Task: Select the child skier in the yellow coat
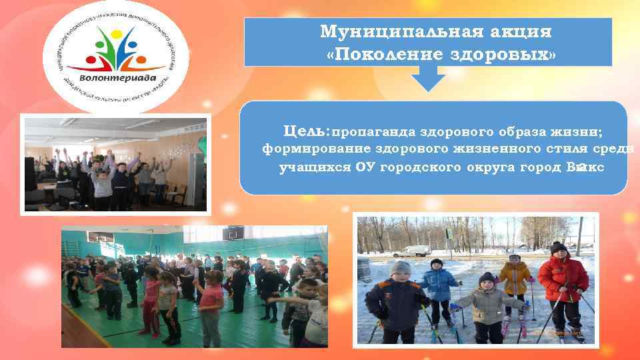pos(514,280)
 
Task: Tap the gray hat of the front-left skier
pos(401,269)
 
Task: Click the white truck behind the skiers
pos(411,251)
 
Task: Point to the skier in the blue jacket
pos(438,287)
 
